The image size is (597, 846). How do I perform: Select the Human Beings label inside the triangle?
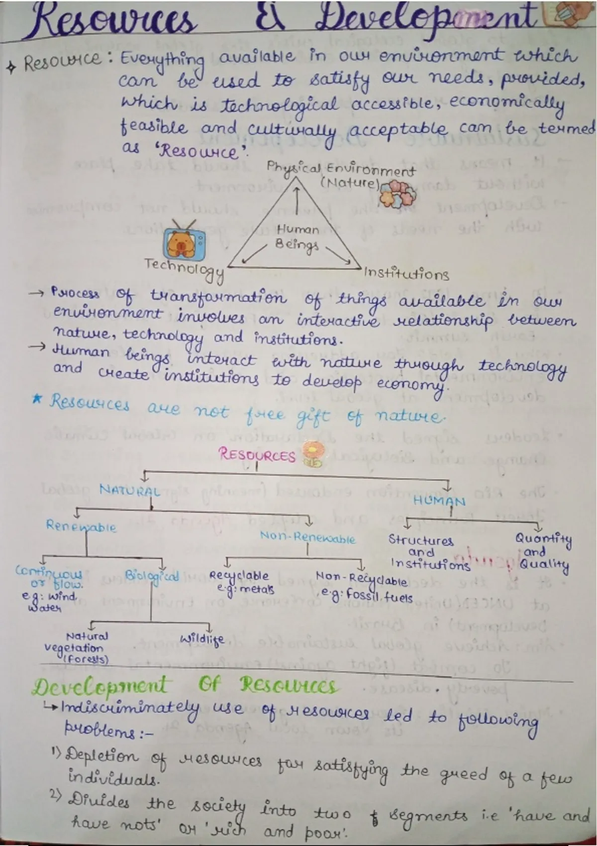pyautogui.click(x=298, y=237)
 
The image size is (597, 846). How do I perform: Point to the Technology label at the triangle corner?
pyautogui.click(x=184, y=269)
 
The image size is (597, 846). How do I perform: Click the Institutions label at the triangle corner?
pyautogui.click(x=406, y=274)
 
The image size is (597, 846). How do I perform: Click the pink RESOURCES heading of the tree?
pyautogui.click(x=257, y=455)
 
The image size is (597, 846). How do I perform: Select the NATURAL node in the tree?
pyautogui.click(x=129, y=491)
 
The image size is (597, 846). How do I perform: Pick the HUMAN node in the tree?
pyautogui.click(x=439, y=501)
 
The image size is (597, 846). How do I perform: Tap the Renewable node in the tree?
pyautogui.click(x=81, y=526)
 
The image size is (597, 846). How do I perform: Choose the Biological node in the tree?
pyautogui.click(x=151, y=576)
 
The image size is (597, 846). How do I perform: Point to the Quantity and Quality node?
pyautogui.click(x=543, y=551)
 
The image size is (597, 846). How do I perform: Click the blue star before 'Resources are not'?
pyautogui.click(x=36, y=400)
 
